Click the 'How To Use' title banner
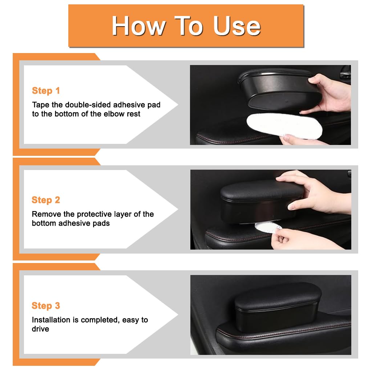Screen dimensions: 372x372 click(x=186, y=25)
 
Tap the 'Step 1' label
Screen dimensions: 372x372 click(x=46, y=91)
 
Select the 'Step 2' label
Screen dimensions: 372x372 click(x=46, y=200)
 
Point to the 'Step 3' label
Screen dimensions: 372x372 click(x=46, y=306)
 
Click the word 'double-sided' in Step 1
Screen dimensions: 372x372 click(x=89, y=105)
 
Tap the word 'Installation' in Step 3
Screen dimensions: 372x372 click(x=50, y=320)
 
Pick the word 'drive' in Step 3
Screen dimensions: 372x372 click(x=40, y=329)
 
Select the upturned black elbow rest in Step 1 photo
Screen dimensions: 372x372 click(x=278, y=89)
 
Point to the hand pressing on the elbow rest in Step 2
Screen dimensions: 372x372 click(x=312, y=189)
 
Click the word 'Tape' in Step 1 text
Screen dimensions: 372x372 click(x=40, y=105)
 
